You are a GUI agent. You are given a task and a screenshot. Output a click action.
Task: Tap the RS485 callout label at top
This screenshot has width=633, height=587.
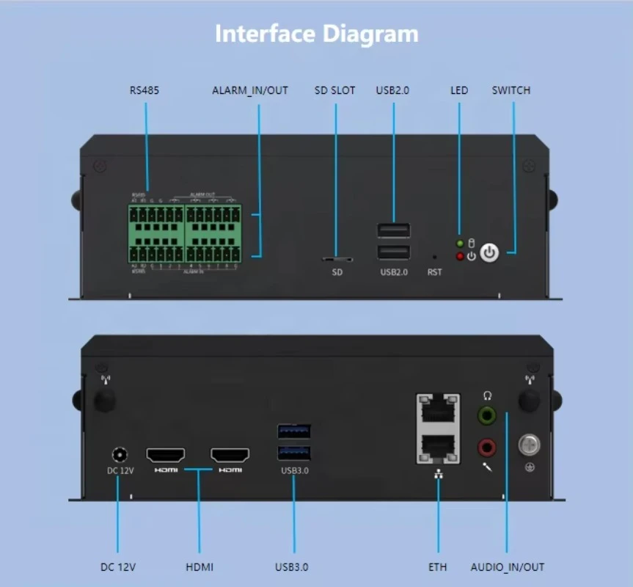pyautogui.click(x=144, y=90)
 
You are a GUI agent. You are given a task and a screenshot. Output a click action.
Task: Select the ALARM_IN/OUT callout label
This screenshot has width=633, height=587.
pyautogui.click(x=250, y=90)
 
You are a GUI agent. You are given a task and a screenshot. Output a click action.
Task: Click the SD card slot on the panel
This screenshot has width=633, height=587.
pyautogui.click(x=337, y=259)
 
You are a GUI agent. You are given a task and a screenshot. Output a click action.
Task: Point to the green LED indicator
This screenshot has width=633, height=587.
pyautogui.click(x=460, y=244)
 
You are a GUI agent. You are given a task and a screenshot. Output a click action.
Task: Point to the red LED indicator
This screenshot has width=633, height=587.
pyautogui.click(x=460, y=256)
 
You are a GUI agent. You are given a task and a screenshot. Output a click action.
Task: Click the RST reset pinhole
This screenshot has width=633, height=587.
pyautogui.click(x=434, y=258)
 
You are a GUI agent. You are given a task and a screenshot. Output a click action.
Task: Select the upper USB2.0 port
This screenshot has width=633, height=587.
pyautogui.click(x=394, y=230)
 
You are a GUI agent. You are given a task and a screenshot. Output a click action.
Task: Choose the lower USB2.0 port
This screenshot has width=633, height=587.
pyautogui.click(x=394, y=252)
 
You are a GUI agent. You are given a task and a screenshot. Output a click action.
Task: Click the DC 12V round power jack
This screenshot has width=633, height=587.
pyautogui.click(x=117, y=455)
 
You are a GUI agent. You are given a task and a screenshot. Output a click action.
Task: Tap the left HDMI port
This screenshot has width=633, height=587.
pyautogui.click(x=166, y=456)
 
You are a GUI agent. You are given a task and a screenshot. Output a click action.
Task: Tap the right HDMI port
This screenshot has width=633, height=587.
pyautogui.click(x=230, y=456)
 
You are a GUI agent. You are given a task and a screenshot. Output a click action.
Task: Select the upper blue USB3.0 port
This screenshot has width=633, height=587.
pyautogui.click(x=294, y=431)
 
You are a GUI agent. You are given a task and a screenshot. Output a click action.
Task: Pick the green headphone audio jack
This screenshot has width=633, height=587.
pyautogui.click(x=486, y=416)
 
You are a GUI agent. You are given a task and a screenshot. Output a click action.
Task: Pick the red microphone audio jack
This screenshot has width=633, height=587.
pyautogui.click(x=486, y=446)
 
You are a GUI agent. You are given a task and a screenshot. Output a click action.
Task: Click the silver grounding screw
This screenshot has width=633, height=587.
pyautogui.click(x=529, y=445)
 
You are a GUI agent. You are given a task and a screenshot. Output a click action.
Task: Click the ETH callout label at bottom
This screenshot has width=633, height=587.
pyautogui.click(x=438, y=567)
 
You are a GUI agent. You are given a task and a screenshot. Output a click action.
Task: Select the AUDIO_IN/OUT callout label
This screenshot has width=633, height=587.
pyautogui.click(x=508, y=567)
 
